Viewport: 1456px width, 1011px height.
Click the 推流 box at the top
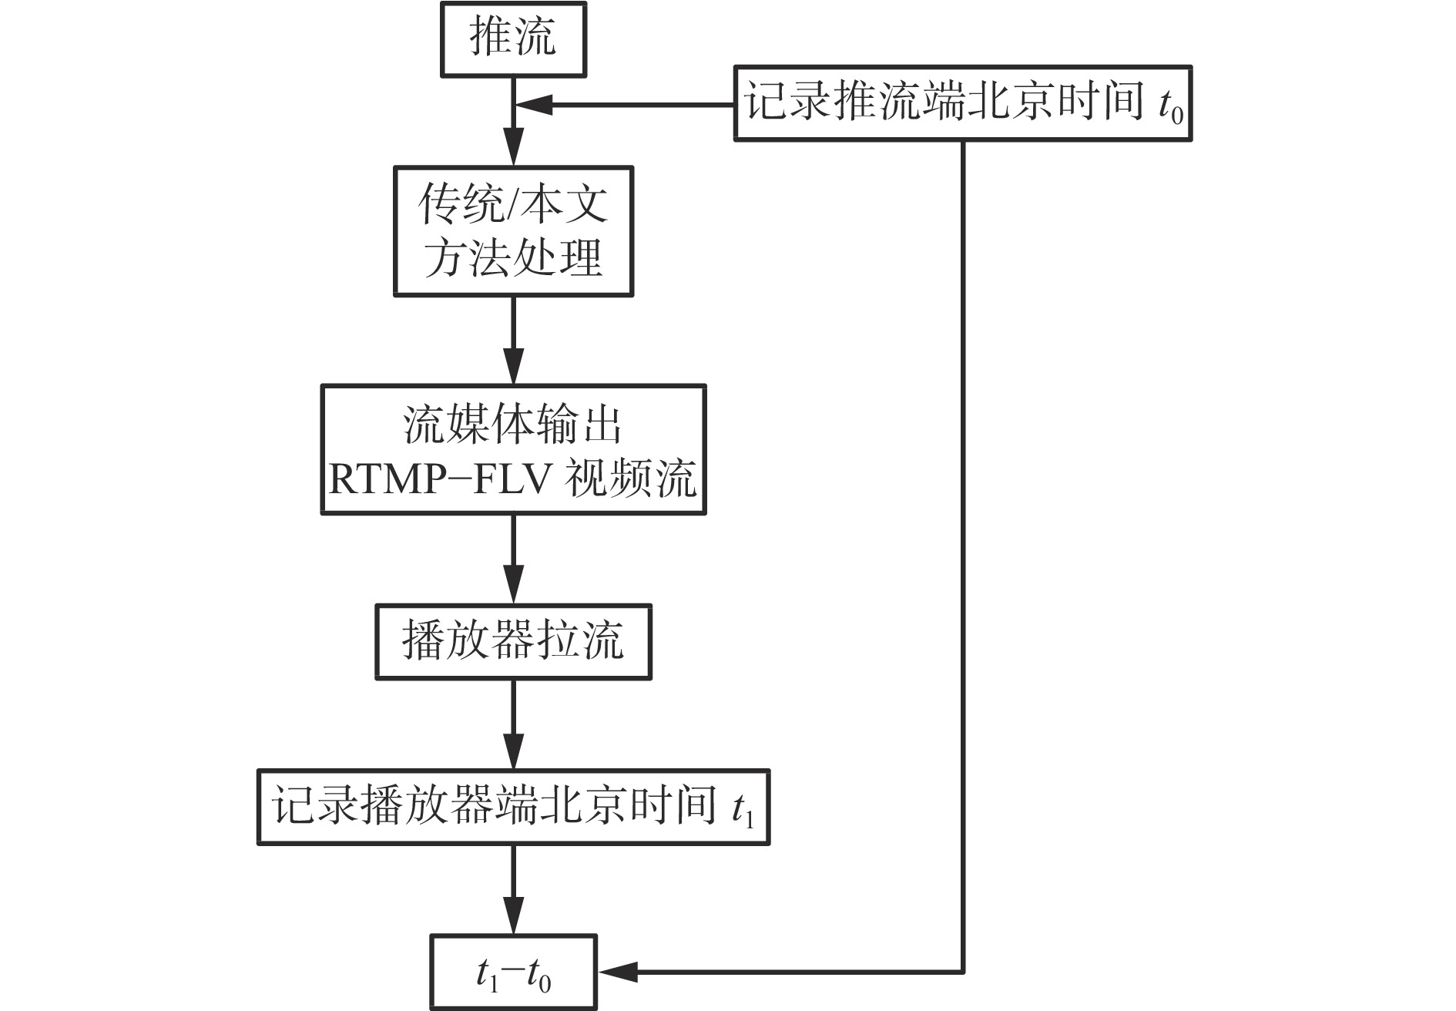(x=513, y=39)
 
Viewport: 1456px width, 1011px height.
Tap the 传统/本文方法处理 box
(x=513, y=231)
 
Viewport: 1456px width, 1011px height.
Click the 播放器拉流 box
(x=513, y=641)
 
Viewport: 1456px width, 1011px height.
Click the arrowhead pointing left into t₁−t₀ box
(x=616, y=972)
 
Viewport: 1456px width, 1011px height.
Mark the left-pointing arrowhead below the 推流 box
(x=535, y=106)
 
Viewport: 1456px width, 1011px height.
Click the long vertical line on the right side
(x=963, y=539)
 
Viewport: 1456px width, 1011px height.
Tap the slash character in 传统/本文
(x=513, y=204)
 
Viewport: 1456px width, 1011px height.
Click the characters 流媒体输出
(x=513, y=425)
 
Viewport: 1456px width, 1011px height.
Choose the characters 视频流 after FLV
(x=631, y=479)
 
